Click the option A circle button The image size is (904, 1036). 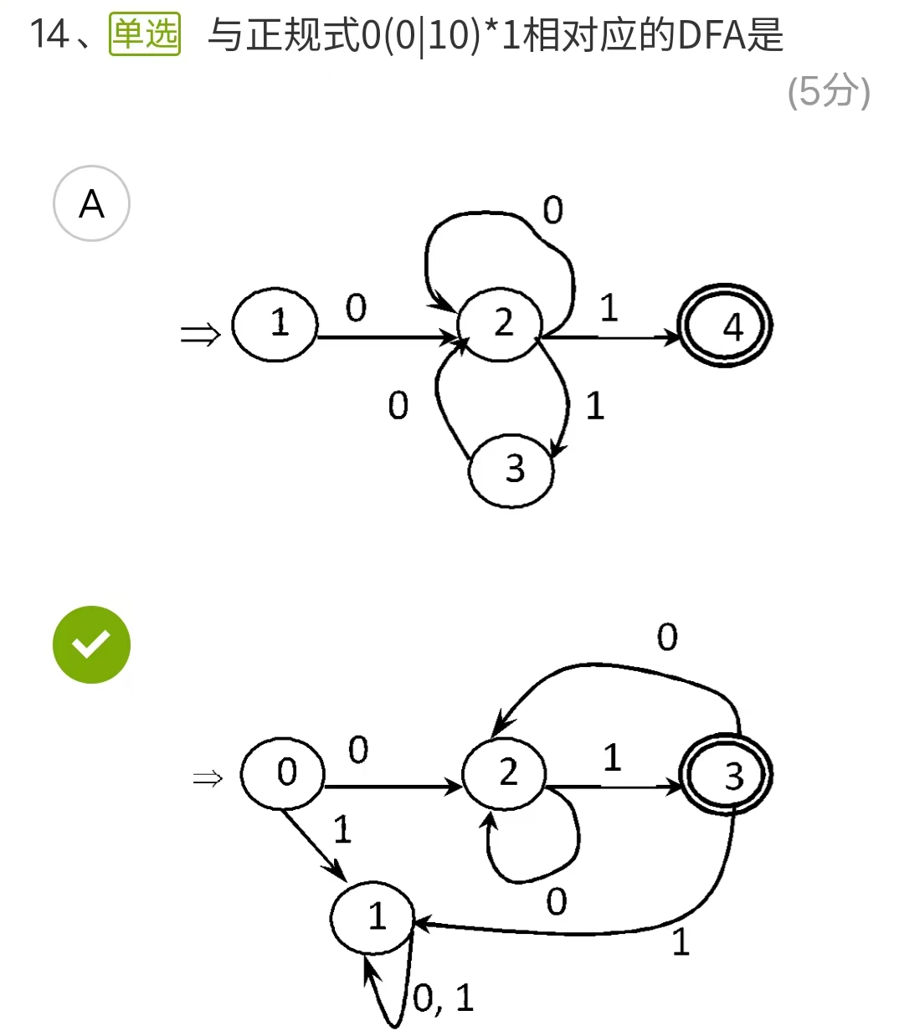click(91, 203)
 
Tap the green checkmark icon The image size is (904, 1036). click(91, 644)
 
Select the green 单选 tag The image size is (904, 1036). click(145, 35)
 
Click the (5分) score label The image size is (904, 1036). click(829, 91)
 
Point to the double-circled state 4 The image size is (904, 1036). click(726, 326)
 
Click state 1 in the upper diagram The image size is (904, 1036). click(275, 324)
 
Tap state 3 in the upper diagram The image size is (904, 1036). click(511, 469)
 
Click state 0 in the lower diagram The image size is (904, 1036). click(283, 773)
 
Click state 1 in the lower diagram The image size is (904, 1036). click(372, 917)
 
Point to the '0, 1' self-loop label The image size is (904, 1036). click(444, 998)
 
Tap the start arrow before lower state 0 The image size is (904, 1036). click(208, 779)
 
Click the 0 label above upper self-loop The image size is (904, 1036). click(552, 210)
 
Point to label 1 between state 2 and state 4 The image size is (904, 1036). click(609, 308)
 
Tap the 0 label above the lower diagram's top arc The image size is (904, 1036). click(667, 638)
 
